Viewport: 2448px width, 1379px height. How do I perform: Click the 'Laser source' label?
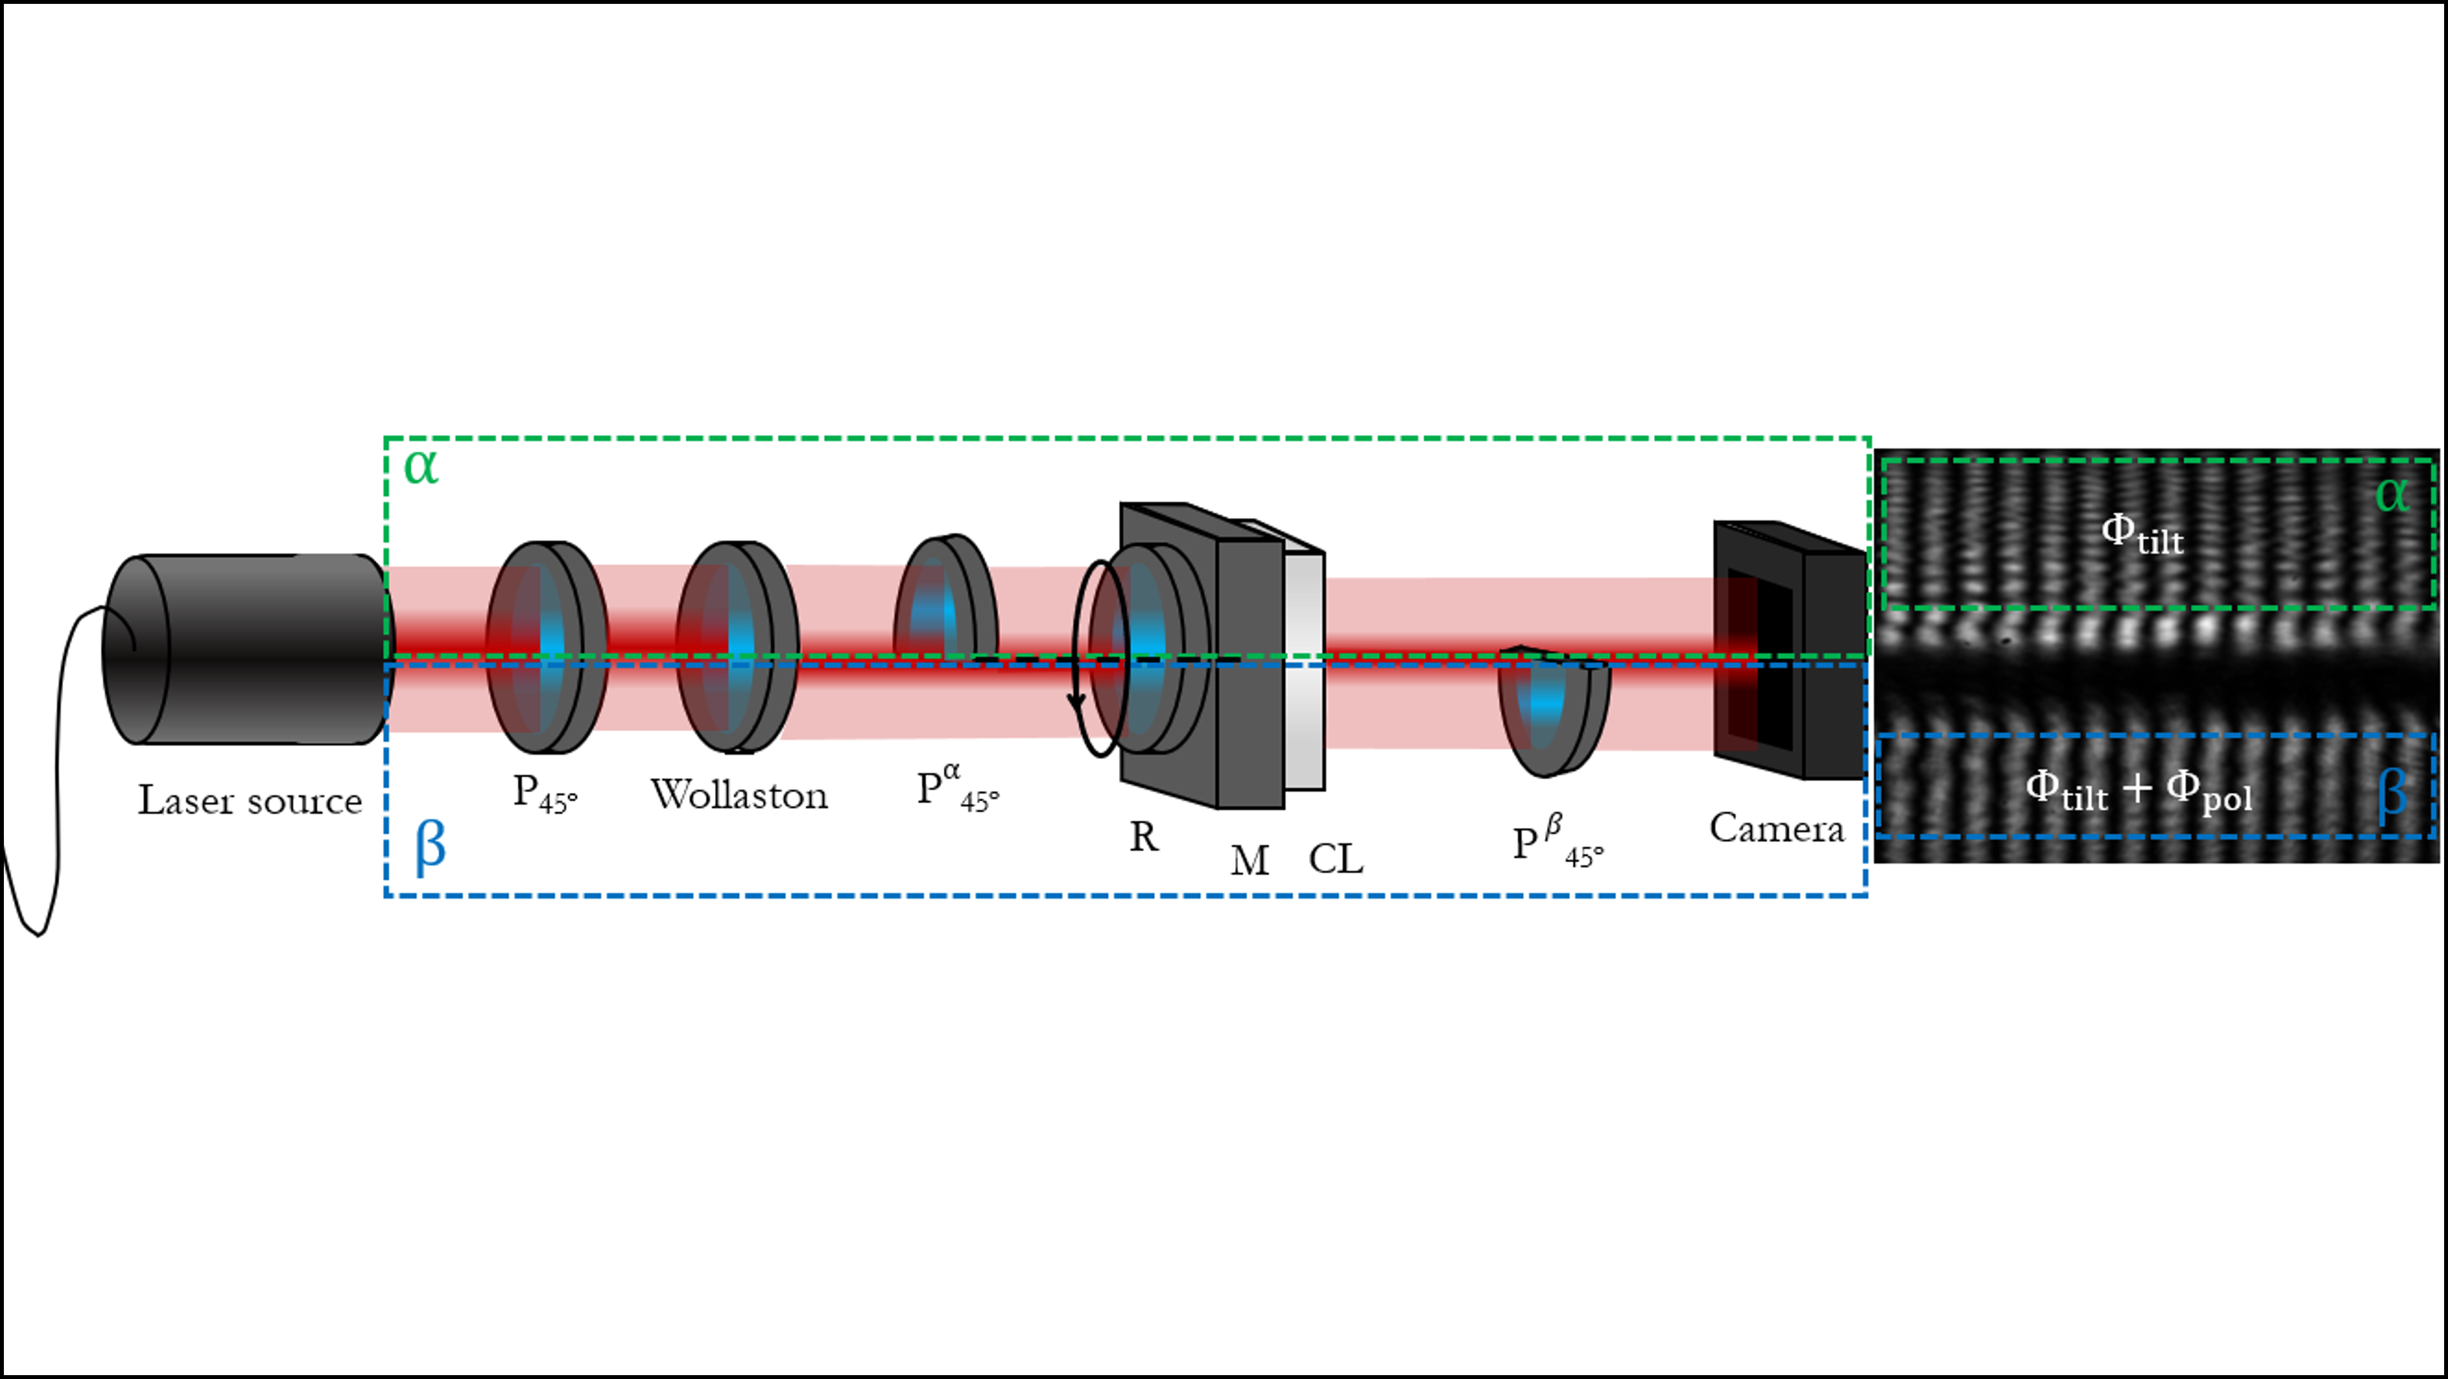[250, 800]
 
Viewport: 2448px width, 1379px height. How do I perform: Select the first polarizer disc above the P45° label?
[547, 647]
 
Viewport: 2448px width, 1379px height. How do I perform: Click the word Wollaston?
[739, 795]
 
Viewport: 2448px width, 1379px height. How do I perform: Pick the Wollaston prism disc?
[738, 647]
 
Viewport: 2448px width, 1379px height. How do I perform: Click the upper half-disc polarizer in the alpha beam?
[945, 596]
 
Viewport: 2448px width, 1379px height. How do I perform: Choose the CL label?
[1336, 859]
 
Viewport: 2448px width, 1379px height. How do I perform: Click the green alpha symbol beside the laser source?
[421, 467]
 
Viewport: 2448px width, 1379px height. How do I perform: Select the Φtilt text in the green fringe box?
[2142, 534]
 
